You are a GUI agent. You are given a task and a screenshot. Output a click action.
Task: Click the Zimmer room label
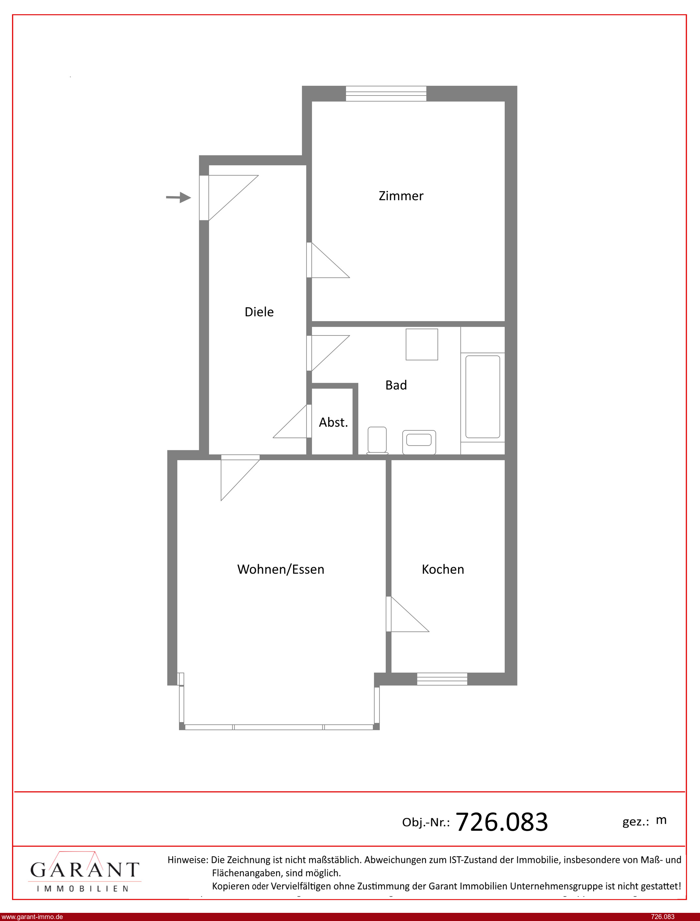pos(401,196)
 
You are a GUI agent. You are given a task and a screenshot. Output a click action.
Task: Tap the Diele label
pos(259,312)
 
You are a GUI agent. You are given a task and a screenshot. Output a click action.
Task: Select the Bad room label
pos(396,385)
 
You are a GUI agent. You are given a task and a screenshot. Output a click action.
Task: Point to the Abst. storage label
pos(333,423)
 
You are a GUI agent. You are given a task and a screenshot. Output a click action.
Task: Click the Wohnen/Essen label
pos(281,570)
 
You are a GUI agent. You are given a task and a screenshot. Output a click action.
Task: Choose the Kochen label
pos(443,570)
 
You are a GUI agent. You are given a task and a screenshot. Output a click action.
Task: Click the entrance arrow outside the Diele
pos(178,198)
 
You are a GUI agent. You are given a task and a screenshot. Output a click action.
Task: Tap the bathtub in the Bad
pos(483,396)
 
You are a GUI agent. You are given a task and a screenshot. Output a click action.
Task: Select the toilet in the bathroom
pos(377,440)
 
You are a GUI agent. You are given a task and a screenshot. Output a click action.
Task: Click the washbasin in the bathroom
pos(419,442)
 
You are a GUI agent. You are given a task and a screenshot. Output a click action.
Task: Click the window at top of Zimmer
pos(386,93)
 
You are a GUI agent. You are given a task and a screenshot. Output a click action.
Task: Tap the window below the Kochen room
pos(442,679)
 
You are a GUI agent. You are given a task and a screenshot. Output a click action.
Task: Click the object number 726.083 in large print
pos(502,822)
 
